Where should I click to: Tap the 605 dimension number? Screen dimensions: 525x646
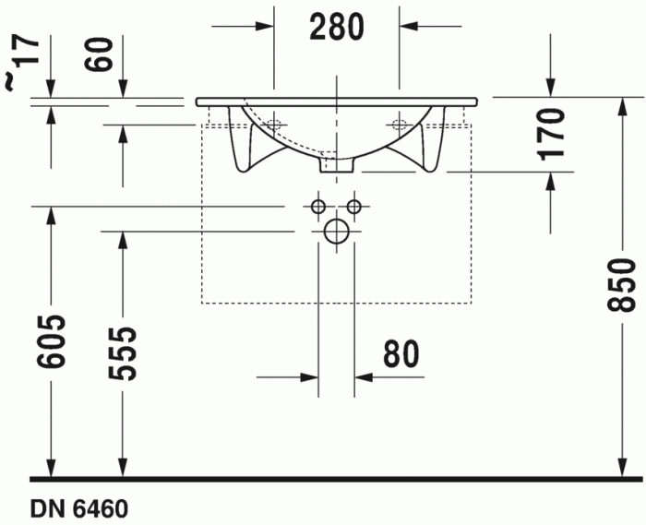pyautogui.click(x=53, y=342)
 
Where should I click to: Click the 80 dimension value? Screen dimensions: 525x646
pyautogui.click(x=399, y=353)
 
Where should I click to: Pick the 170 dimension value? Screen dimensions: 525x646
pyautogui.click(x=551, y=135)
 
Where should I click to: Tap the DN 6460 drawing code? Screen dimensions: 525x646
pyautogui.click(x=78, y=508)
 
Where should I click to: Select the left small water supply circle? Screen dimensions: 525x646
pyautogui.click(x=318, y=205)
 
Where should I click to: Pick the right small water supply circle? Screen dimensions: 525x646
pyautogui.click(x=353, y=205)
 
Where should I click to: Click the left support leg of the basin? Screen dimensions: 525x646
pyautogui.click(x=244, y=148)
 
